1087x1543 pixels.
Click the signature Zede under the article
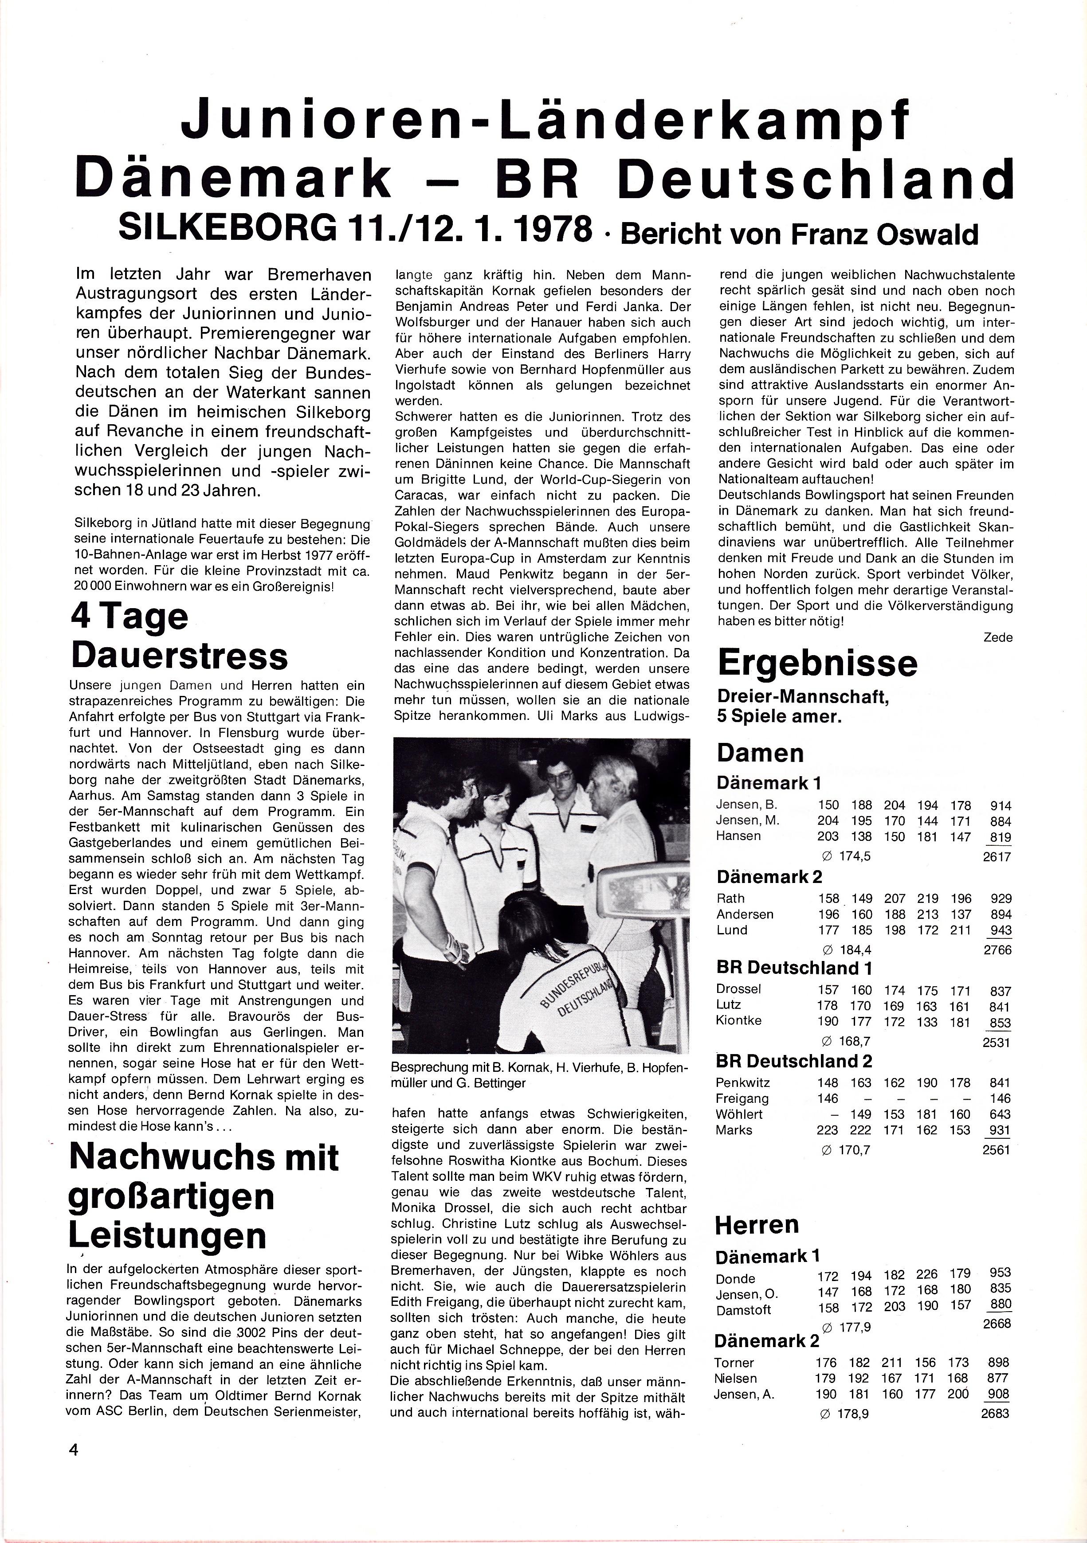point(997,637)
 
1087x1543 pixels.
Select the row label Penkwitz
point(743,1082)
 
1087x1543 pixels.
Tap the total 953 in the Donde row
point(999,1273)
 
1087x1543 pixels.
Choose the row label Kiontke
point(739,1020)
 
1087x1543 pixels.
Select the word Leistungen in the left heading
point(167,1234)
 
